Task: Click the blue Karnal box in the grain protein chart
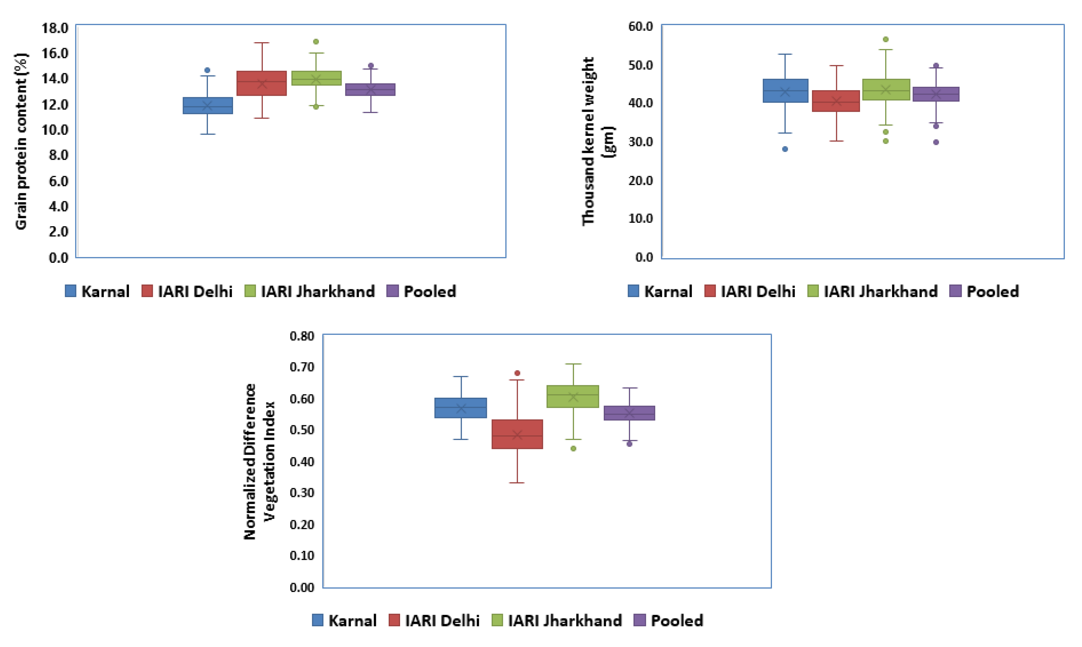[207, 105]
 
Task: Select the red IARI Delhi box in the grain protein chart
[261, 83]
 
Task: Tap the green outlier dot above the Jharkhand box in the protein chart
[316, 41]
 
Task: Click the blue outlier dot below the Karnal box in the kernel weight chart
[785, 149]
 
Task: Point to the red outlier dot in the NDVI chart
[517, 373]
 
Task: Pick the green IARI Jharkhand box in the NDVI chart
[573, 396]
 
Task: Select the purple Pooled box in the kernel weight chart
[936, 94]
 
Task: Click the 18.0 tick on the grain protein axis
[55, 28]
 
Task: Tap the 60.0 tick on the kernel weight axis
[640, 27]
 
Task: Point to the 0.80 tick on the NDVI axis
[302, 336]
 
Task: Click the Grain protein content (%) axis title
[21, 142]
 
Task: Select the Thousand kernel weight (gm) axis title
[597, 142]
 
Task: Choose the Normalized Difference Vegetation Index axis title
[259, 461]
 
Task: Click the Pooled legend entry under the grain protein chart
[422, 291]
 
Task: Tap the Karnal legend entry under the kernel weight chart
[660, 291]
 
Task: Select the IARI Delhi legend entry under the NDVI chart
[434, 620]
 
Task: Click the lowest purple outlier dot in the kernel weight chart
[936, 142]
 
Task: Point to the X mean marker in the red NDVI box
[517, 435]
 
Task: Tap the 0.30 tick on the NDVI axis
[302, 493]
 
